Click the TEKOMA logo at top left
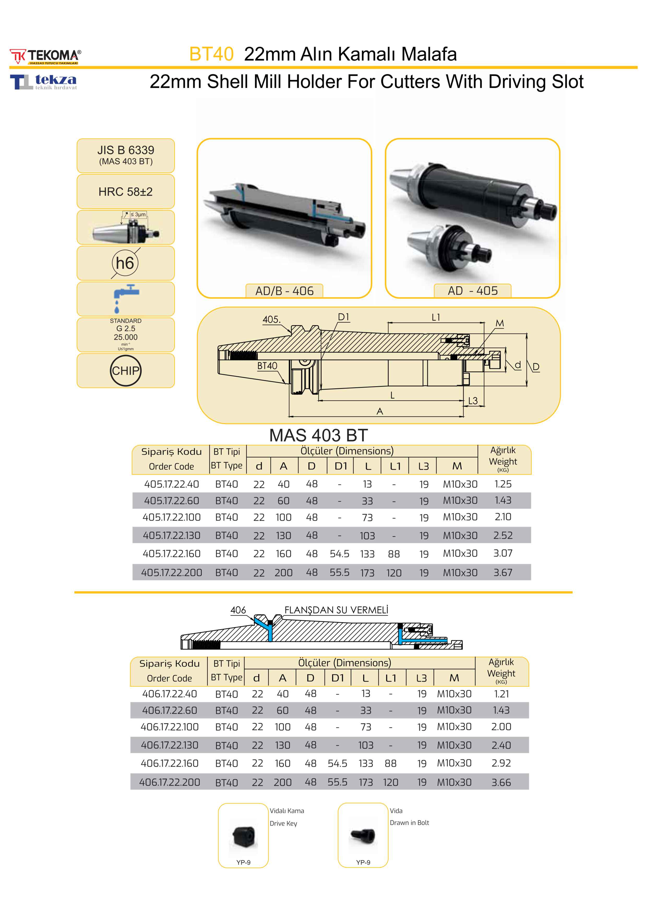click(45, 56)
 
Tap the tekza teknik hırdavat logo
click(43, 82)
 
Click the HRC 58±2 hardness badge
click(125, 192)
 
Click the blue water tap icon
click(125, 298)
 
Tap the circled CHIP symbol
click(125, 371)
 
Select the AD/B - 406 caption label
click(284, 291)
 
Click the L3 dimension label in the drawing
click(473, 401)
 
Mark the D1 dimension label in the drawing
click(343, 317)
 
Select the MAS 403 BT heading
click(318, 435)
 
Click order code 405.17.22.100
click(171, 517)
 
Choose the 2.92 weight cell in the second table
click(501, 763)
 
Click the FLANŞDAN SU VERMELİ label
click(336, 610)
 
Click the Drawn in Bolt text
click(409, 823)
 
